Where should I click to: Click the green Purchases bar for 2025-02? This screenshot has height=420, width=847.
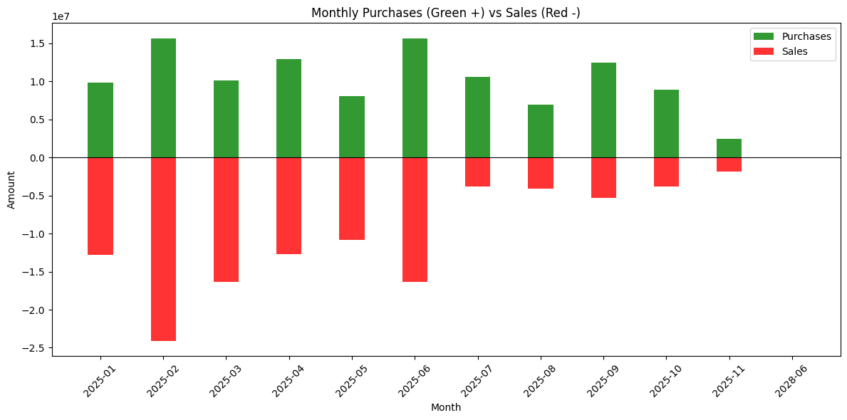[163, 98]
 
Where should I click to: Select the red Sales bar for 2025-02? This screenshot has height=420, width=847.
[163, 249]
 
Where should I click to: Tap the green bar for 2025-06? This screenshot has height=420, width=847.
[415, 98]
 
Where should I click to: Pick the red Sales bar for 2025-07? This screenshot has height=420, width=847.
[477, 172]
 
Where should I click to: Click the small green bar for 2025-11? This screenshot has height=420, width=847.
[729, 148]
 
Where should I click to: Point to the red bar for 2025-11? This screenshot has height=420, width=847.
[729, 164]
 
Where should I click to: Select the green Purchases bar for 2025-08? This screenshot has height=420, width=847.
[540, 131]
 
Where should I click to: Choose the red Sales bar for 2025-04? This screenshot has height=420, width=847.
[289, 206]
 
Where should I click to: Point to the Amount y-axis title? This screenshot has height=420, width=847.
[11, 189]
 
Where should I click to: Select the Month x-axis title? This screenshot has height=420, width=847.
[445, 408]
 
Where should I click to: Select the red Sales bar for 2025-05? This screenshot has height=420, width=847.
[351, 199]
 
